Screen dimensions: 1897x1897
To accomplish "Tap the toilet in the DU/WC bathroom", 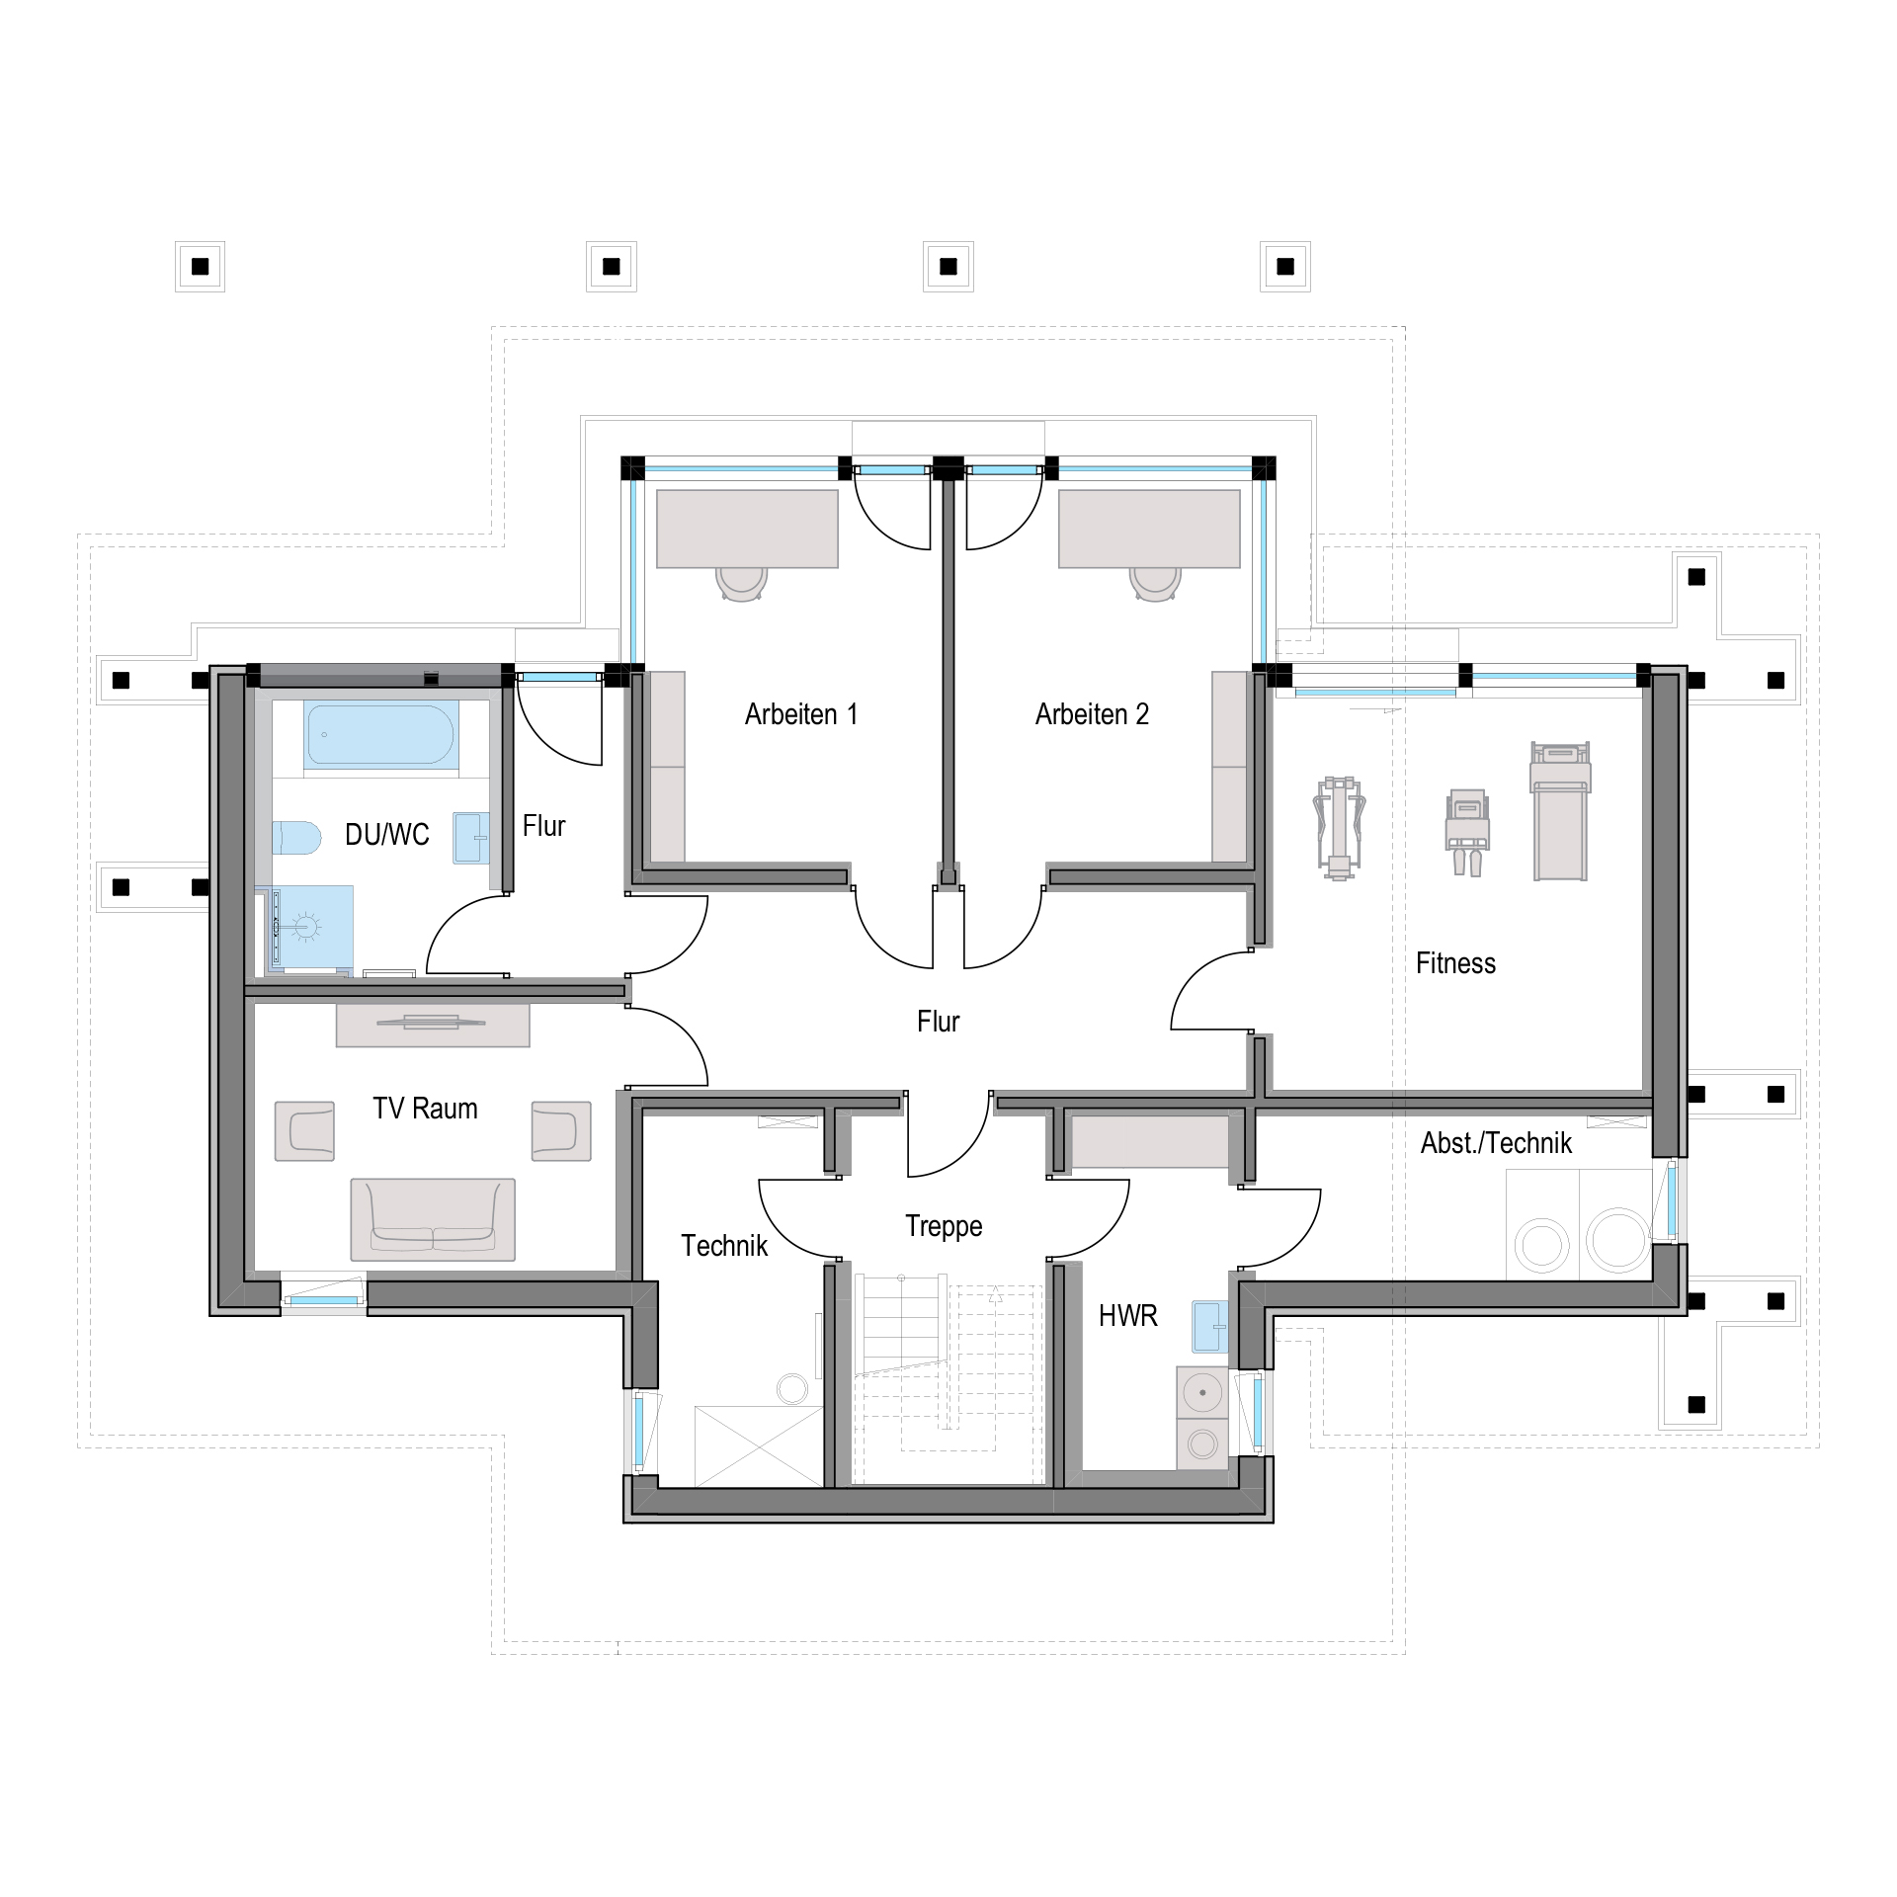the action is click(295, 838).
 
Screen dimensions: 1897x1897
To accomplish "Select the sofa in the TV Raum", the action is click(432, 1219).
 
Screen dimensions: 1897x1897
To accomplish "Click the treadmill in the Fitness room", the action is click(1560, 810).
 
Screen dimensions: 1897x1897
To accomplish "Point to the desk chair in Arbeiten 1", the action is click(741, 582).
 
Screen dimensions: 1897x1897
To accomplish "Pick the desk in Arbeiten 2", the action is click(1149, 529).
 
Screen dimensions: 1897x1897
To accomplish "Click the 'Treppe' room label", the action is click(944, 1226).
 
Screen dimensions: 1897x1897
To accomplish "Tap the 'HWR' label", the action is click(1127, 1315).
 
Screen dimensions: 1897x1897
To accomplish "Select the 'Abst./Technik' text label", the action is click(1496, 1143).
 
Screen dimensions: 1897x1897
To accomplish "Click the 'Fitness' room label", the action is click(1455, 963).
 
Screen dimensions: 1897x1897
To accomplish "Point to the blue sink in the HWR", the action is click(1210, 1325).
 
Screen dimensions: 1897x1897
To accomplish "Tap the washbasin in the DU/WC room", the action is click(471, 838).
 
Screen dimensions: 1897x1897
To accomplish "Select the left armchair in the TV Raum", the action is click(304, 1131).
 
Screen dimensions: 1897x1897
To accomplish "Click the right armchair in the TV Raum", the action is click(561, 1131).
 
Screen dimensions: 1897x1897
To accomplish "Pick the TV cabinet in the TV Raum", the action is click(433, 1026).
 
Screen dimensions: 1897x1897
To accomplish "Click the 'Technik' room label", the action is click(724, 1246).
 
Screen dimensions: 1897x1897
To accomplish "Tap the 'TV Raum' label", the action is click(425, 1109).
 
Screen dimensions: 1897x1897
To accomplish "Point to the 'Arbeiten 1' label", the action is click(801, 714).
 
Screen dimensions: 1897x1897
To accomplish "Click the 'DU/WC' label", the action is click(387, 835).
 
